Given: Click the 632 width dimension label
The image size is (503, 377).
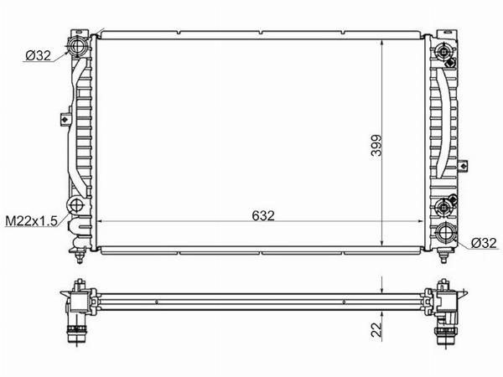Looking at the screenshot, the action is [x=263, y=216].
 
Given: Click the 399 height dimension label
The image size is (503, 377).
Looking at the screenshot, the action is [x=376, y=145].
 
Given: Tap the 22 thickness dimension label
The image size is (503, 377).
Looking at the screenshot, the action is [x=377, y=329].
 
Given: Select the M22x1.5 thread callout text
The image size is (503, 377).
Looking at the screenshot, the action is [x=31, y=220].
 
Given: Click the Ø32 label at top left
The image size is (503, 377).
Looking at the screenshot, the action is [x=38, y=56].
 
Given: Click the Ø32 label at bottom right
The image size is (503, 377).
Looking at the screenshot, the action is [x=484, y=243].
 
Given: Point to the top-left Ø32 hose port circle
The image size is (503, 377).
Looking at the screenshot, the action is [x=77, y=46].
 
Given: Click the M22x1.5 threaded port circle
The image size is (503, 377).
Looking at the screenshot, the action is [x=76, y=205].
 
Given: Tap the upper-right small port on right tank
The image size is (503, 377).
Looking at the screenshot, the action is [x=444, y=51].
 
